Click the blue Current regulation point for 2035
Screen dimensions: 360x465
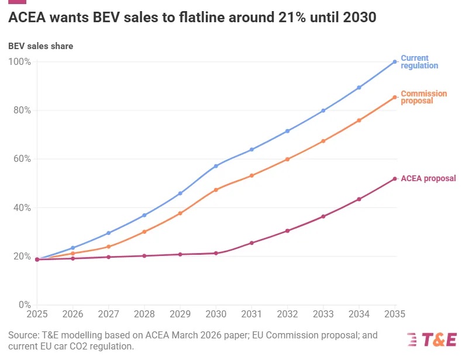coord(395,61)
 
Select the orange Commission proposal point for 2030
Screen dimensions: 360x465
coord(216,190)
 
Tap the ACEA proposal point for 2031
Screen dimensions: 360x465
coord(252,243)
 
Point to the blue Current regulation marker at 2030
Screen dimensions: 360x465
coord(216,166)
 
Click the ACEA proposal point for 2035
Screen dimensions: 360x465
coord(395,179)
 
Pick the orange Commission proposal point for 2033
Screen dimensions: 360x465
coord(323,141)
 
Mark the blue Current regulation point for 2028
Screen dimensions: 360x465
coord(144,215)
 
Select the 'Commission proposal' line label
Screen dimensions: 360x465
coord(423,97)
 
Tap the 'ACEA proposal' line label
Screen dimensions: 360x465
coord(428,179)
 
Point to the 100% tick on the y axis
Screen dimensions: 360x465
coord(20,61)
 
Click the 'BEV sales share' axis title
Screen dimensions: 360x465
coord(40,46)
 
